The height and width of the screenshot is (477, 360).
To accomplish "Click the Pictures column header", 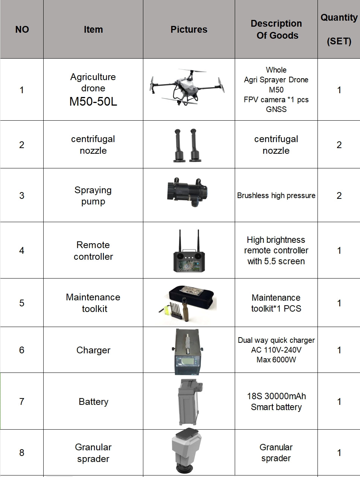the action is coord(189,30).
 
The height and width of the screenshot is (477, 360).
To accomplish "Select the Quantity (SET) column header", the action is coord(339,29).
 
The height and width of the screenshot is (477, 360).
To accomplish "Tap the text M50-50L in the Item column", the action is coord(93,101).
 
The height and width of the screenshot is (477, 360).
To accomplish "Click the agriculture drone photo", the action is coord(187,87).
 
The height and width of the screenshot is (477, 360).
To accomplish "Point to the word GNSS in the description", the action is coord(276,109).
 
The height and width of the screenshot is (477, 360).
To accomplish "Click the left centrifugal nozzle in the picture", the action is coord(179,145).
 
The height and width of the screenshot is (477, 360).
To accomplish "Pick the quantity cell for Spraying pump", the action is coord(339,195).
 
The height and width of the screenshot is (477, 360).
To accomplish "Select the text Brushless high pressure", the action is coord(276,195).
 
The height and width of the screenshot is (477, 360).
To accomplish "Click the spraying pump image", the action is coord(187,192).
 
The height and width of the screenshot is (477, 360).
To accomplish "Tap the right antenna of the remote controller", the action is coord(198,241).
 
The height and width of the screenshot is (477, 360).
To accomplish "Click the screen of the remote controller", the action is coord(189,265).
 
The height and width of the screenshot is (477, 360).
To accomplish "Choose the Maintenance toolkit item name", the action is coord(93,303).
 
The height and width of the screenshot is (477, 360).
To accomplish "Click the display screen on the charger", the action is coord(187,361).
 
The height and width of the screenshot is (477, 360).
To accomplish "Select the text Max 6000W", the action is coord(276,360).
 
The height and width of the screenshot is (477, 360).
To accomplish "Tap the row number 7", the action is coord(22,401).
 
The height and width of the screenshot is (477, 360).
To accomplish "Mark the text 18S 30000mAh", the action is coord(276,396).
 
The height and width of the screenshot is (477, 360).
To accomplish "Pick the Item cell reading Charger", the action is coord(93,350).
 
